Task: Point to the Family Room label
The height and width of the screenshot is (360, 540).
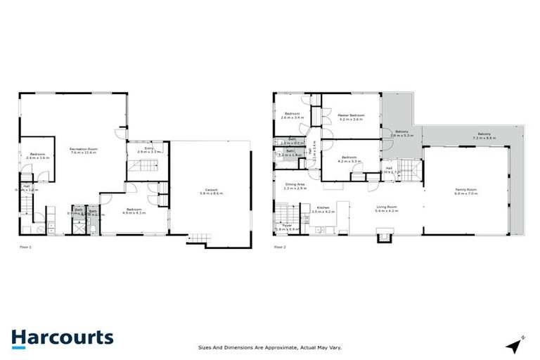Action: (x=465, y=188)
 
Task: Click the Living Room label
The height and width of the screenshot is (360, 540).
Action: (x=386, y=207)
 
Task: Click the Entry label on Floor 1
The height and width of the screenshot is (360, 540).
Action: (x=149, y=148)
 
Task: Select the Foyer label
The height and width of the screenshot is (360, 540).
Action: (x=281, y=226)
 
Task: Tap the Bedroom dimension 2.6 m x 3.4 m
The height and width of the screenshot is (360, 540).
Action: (x=292, y=117)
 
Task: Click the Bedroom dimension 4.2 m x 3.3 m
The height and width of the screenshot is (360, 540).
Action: (x=349, y=161)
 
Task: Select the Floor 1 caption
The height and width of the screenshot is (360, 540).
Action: (x=25, y=247)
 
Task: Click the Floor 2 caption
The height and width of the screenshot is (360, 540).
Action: (x=280, y=247)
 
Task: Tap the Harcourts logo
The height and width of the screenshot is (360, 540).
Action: (x=62, y=337)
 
